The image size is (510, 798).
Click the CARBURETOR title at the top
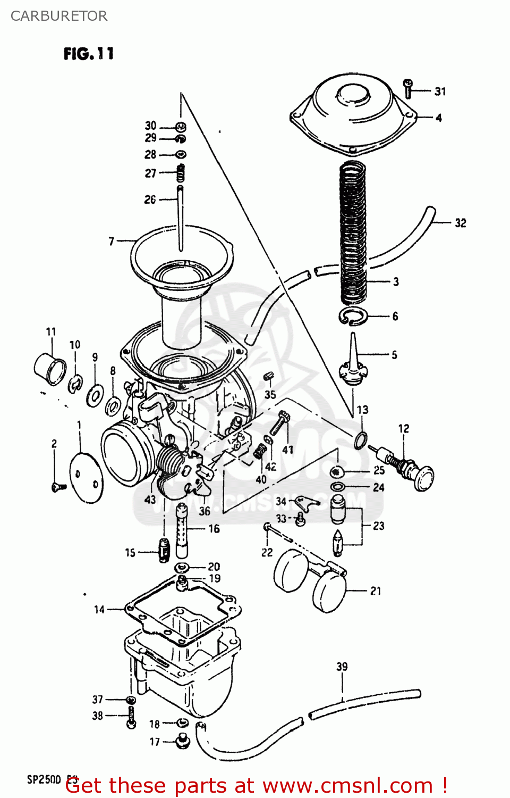coord(59,16)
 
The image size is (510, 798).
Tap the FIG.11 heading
coord(88,54)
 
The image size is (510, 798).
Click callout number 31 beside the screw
coord(440,92)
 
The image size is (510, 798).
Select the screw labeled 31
coord(408,89)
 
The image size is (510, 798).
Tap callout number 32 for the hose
coord(460,223)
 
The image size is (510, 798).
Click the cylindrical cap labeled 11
coord(50,368)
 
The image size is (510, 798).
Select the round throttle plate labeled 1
coord(87,477)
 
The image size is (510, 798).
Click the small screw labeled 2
coord(58,486)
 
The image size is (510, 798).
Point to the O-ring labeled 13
coord(361,440)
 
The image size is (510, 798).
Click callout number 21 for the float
coord(376,591)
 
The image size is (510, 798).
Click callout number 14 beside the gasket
coord(99,610)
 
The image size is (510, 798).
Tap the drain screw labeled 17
coord(182,741)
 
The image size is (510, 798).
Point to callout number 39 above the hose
coord(342,667)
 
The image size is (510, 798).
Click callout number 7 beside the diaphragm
coord(112,242)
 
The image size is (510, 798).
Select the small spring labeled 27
coord(181,173)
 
